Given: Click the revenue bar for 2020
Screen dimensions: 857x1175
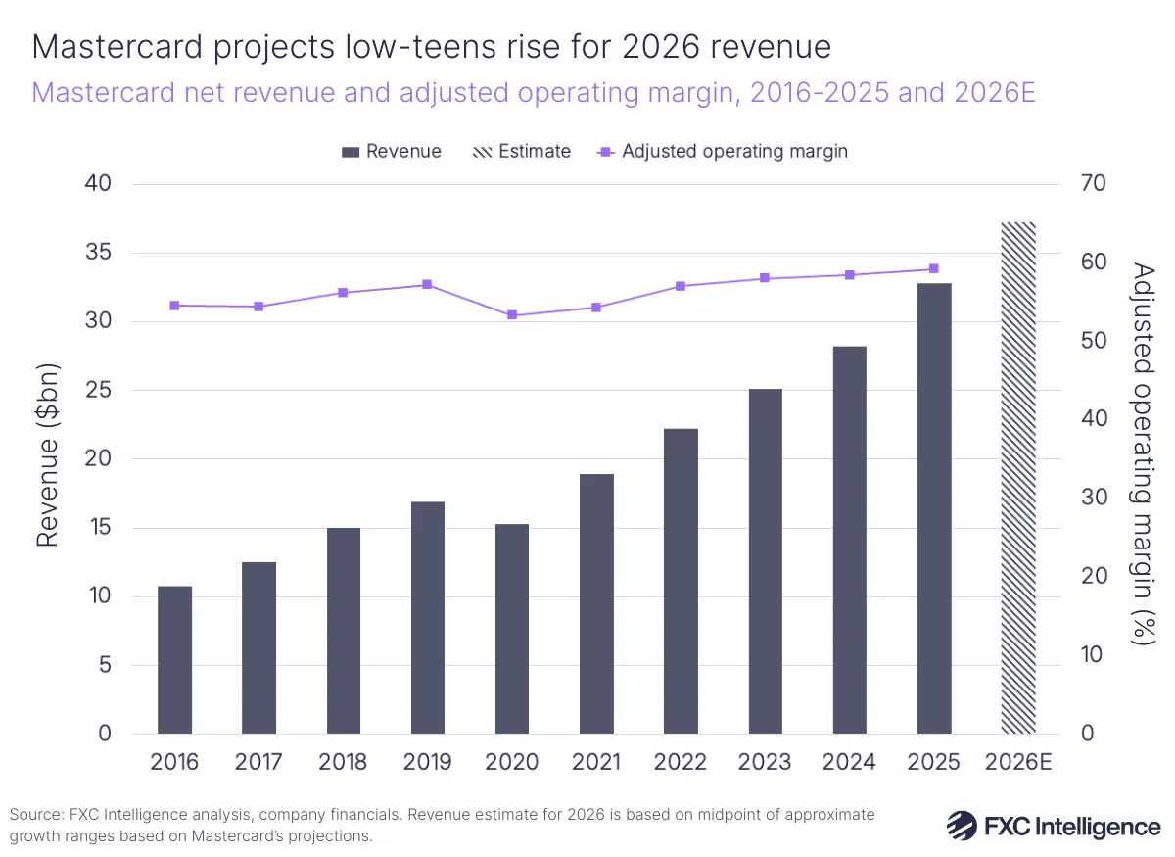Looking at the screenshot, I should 512,629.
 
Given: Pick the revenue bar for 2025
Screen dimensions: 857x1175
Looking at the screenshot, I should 934,508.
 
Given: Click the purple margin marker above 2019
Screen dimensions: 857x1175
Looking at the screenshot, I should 427,285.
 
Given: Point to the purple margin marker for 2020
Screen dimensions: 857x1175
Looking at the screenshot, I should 512,315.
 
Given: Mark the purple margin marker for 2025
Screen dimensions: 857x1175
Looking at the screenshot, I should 934,268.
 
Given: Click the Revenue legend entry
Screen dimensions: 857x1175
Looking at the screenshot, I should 392,152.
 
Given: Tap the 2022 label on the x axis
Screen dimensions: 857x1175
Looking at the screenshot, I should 681,763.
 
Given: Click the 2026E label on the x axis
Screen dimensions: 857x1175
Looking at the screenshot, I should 1019,763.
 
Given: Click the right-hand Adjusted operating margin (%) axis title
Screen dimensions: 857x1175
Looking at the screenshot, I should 1141,452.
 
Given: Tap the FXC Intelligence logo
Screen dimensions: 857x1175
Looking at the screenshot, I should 1053,826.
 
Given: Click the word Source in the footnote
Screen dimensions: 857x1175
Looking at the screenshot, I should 31,815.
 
